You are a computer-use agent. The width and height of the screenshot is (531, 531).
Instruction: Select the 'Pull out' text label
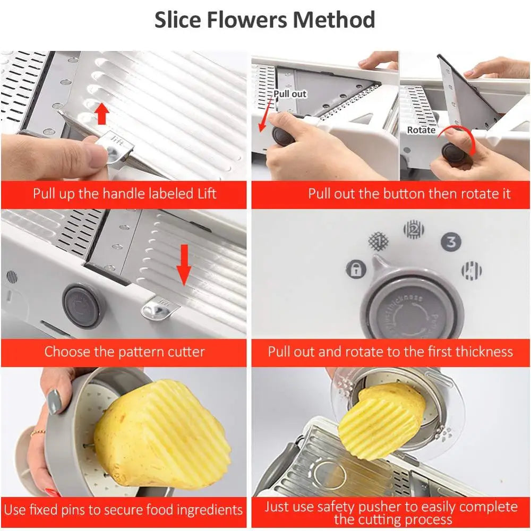coord(290,94)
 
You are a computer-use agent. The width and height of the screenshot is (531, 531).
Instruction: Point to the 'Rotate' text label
coord(421,130)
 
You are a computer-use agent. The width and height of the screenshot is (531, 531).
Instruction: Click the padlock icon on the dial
coord(356,269)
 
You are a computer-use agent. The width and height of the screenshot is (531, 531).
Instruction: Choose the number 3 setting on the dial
coord(451,242)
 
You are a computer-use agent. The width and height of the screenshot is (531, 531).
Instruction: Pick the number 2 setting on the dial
coord(414,229)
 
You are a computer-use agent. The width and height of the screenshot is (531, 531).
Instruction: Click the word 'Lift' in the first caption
coord(204,193)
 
